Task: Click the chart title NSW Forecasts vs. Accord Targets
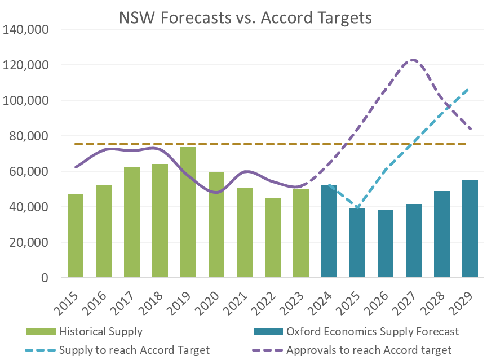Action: click(245, 17)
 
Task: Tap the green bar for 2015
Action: click(76, 236)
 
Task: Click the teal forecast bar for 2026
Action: click(386, 243)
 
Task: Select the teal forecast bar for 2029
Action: click(470, 229)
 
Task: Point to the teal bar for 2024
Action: click(329, 232)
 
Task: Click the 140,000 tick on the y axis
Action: click(26, 30)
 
